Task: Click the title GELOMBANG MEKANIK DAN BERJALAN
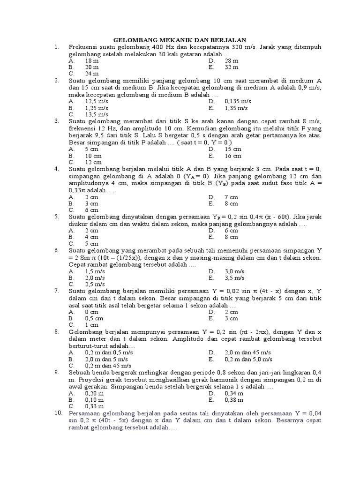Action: pyautogui.click(x=181, y=40)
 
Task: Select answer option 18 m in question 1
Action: pyautogui.click(x=91, y=60)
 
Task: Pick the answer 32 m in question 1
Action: pyautogui.click(x=232, y=67)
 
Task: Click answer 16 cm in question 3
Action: pyautogui.click(x=233, y=155)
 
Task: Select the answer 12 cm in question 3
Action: pyautogui.click(x=92, y=162)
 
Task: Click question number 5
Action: pyautogui.click(x=56, y=217)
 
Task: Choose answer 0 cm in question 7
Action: pyautogui.click(x=91, y=312)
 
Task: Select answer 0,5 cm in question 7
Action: pyautogui.click(x=94, y=318)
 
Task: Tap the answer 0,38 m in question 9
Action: pyautogui.click(x=234, y=400)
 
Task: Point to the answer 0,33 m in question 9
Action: pyautogui.click(x=94, y=407)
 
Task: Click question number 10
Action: pyautogui.click(x=58, y=413)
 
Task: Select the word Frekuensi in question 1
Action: pyautogui.click(x=84, y=47)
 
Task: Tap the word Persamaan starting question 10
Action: pyautogui.click(x=84, y=413)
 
